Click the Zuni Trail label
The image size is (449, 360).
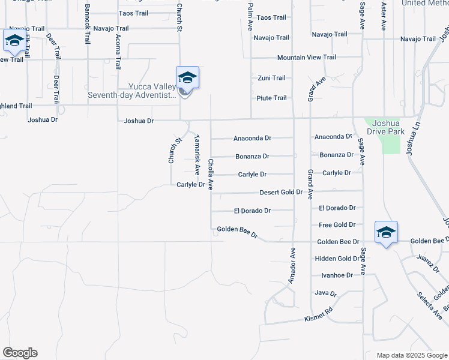[271, 78]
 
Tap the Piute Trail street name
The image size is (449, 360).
[271, 98]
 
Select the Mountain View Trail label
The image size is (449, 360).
[306, 58]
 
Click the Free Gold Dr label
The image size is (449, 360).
[337, 225]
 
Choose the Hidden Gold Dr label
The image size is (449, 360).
[337, 259]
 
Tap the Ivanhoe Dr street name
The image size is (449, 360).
[337, 275]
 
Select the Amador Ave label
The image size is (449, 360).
[292, 265]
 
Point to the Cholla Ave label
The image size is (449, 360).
[211, 174]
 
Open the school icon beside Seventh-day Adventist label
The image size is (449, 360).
[187, 79]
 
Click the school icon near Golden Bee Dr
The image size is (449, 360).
[385, 233]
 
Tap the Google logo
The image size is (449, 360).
[20, 353]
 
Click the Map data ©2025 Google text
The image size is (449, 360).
[412, 355]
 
